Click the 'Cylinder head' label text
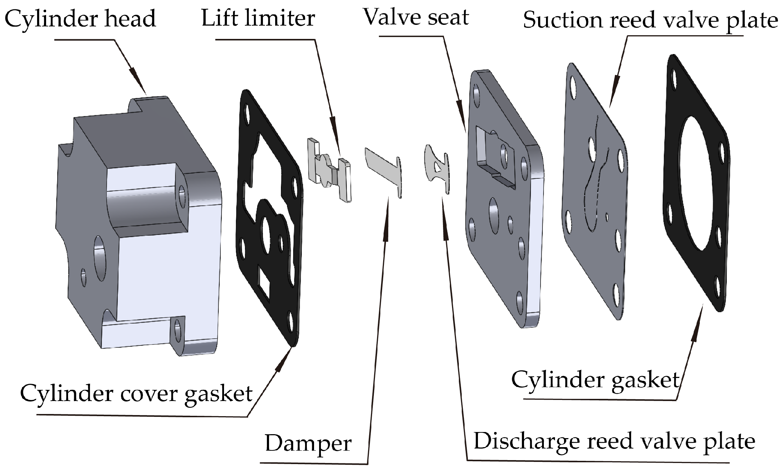point(80,19)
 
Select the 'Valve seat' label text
point(416,17)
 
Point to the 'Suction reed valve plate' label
point(650,20)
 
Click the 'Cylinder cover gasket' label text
point(136,393)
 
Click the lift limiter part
point(328,169)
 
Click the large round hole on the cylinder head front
point(100,259)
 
